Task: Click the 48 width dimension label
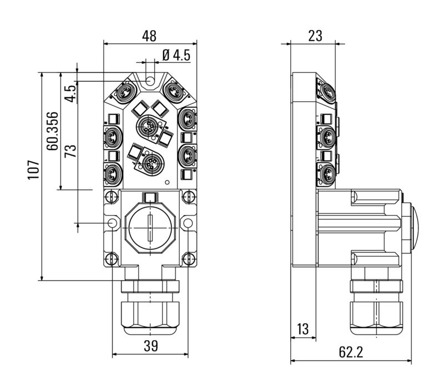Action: click(x=149, y=36)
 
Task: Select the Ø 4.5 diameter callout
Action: click(x=176, y=55)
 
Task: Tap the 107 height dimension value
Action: click(x=33, y=169)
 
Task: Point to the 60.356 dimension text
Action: click(x=52, y=131)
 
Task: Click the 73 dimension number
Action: click(x=70, y=151)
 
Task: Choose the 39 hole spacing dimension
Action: click(x=150, y=346)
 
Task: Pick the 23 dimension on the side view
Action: click(x=315, y=36)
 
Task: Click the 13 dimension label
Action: click(x=302, y=329)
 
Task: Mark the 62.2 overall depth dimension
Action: click(x=351, y=352)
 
